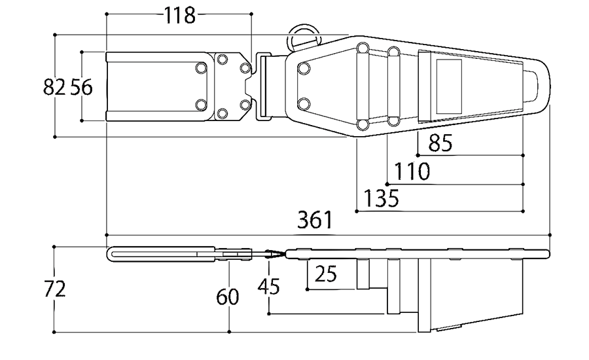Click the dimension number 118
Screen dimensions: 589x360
(x=180, y=16)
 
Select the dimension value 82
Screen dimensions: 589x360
(x=54, y=87)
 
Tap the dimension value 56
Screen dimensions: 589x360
(x=82, y=87)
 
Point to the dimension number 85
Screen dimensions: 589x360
(x=440, y=143)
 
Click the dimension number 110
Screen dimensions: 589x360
(x=412, y=171)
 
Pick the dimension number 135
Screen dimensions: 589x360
(x=381, y=198)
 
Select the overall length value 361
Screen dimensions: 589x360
(x=315, y=220)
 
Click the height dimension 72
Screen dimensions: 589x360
(x=55, y=289)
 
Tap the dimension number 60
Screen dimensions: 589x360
(x=228, y=297)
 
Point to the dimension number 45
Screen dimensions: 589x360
(x=268, y=286)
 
